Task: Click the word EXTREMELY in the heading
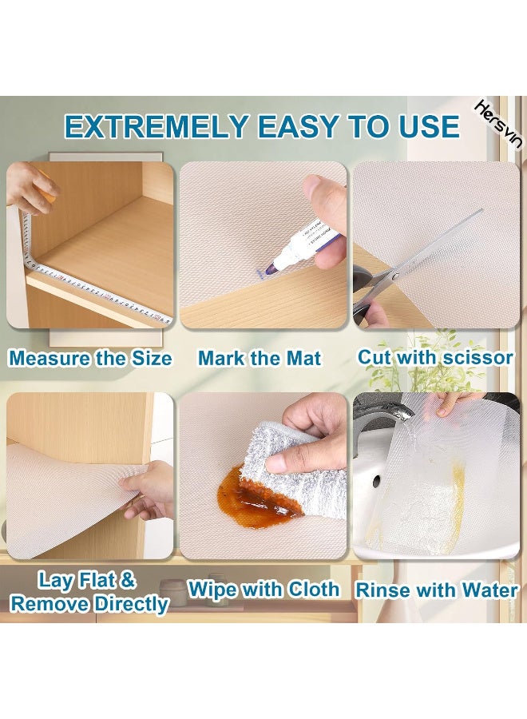(157, 126)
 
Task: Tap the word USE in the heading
(429, 126)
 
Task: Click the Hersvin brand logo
(498, 125)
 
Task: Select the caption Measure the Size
(90, 358)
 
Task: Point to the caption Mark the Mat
(260, 358)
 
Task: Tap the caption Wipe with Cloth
(263, 590)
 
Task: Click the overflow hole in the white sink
(376, 482)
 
